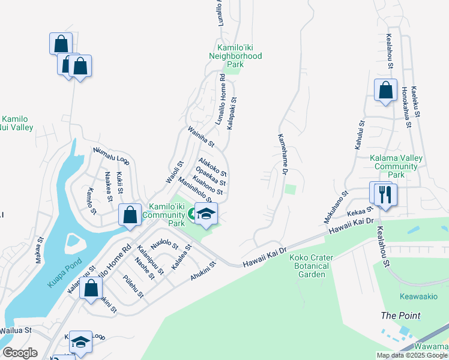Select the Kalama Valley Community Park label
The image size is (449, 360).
coord(396,166)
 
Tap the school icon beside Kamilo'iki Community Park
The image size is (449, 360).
coord(206,214)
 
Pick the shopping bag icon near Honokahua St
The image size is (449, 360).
coord(385,90)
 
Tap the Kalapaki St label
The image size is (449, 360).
coord(232,113)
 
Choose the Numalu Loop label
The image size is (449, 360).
coord(111,156)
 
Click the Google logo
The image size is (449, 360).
coord(20,353)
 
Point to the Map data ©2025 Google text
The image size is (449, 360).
coord(412,355)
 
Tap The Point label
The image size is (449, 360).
coord(400,316)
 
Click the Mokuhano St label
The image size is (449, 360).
coord(337,205)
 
